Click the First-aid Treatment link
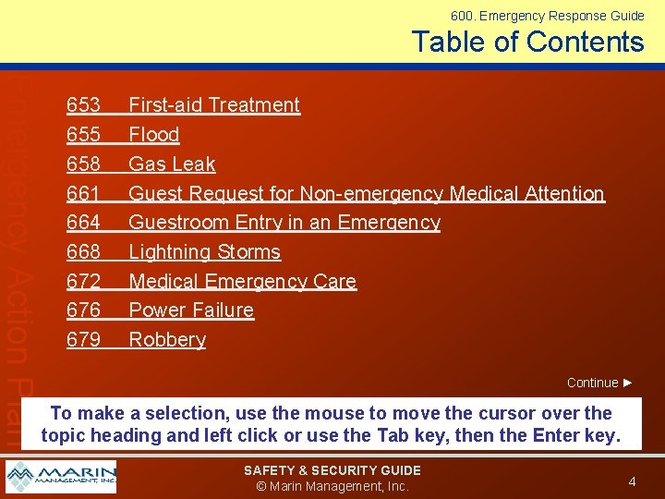[x=214, y=105]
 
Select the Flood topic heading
[x=154, y=135]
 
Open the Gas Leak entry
[x=172, y=164]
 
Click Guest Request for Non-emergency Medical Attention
[x=366, y=194]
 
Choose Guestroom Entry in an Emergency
[x=284, y=223]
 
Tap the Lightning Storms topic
[x=204, y=252]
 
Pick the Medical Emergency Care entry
[x=242, y=282]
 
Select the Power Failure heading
[x=191, y=310]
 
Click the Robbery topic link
[x=167, y=340]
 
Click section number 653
[x=84, y=105]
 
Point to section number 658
[x=84, y=164]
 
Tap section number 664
[x=84, y=223]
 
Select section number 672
[x=84, y=282]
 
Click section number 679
[x=84, y=340]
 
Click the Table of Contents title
[x=527, y=42]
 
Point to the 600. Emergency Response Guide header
[x=547, y=16]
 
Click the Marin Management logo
[x=61, y=477]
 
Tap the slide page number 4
[x=632, y=481]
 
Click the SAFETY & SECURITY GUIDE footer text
[x=332, y=470]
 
